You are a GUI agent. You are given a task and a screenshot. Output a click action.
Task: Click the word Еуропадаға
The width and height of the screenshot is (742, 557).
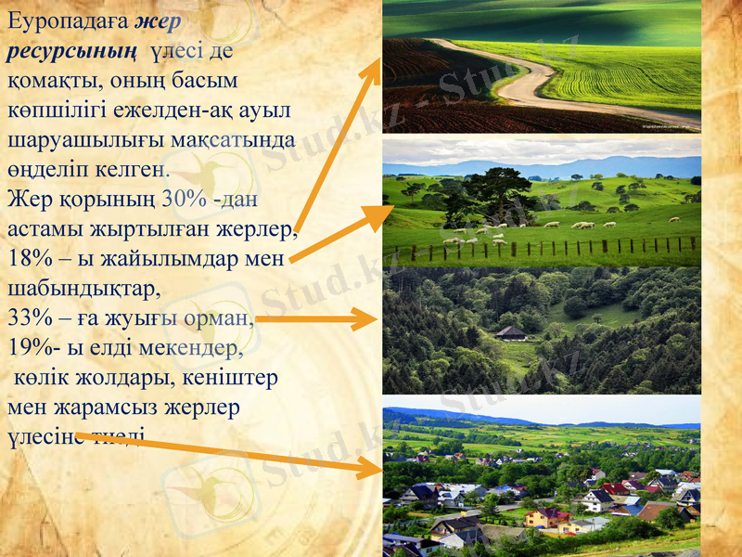point(66,20)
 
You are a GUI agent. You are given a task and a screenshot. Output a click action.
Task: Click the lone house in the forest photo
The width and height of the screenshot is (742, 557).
point(510,331)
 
